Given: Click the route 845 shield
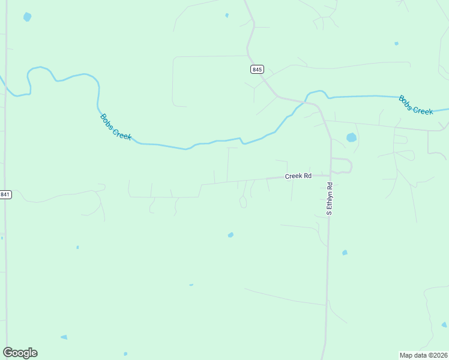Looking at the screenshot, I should click(x=257, y=70).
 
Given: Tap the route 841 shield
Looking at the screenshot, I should click(x=5, y=194).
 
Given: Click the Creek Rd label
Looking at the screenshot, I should click(x=298, y=176).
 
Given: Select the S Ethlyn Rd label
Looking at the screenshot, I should click(x=329, y=199).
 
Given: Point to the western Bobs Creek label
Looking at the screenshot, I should click(x=115, y=127).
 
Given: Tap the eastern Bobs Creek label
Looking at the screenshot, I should click(x=416, y=105).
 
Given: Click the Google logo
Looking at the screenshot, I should click(x=20, y=353).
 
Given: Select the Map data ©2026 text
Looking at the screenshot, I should click(x=423, y=355).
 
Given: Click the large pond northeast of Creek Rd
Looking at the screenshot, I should click(x=351, y=137).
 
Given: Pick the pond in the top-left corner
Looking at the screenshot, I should click(x=27, y=17).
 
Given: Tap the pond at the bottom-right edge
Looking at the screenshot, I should click(x=444, y=325).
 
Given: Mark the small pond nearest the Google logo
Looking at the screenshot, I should click(x=64, y=337).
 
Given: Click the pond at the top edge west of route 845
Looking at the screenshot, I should click(x=227, y=15).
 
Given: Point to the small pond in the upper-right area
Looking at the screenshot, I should click(x=396, y=43).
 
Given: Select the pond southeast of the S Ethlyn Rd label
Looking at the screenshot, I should click(x=345, y=253).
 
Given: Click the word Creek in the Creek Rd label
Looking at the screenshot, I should click(x=294, y=176).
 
